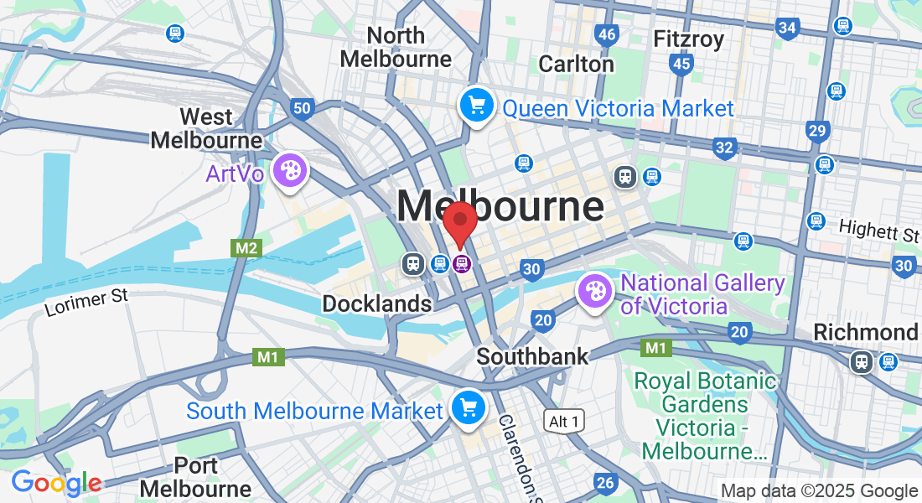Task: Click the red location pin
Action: point(460,223)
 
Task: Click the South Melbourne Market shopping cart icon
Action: point(467,408)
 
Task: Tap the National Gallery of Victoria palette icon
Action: point(596,293)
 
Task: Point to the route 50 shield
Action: point(303,107)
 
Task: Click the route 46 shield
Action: point(607,34)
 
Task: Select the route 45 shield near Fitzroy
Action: point(681,63)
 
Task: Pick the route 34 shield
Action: point(787,28)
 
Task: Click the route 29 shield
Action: point(818,130)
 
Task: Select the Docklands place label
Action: point(377,303)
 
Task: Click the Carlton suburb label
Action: point(576,64)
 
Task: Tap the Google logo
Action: point(56,483)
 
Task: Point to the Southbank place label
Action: point(532,356)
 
